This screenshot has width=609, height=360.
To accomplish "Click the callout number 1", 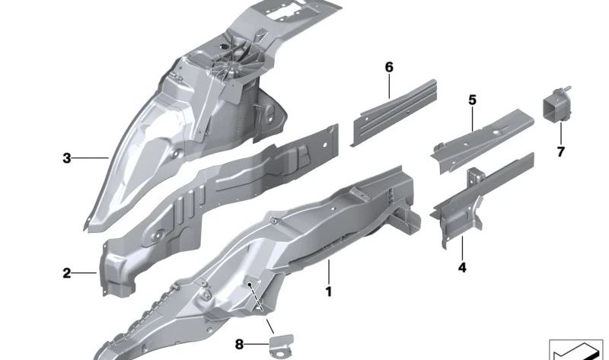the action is pos(329,292).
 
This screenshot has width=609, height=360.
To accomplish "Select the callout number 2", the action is pos(67,273).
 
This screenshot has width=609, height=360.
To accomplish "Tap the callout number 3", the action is pos(67,158).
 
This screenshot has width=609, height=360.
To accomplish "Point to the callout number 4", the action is pos(462,268).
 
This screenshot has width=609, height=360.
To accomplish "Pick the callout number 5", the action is pos(472,100).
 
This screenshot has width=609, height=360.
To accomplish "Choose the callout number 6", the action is pos(389,67).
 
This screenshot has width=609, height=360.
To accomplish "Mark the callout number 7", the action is pos(560,152).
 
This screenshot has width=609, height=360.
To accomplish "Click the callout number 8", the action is pos(239,344).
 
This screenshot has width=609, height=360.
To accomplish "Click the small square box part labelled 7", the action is pos(556,105).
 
